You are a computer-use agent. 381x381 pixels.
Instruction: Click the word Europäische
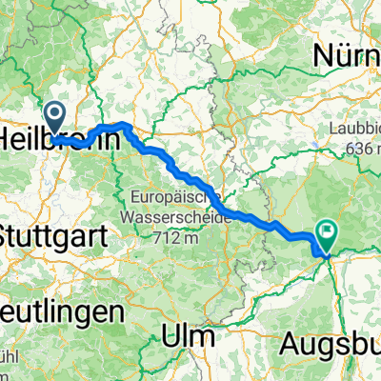[x=176, y=197]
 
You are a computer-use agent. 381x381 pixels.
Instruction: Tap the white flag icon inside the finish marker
[x=328, y=230]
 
